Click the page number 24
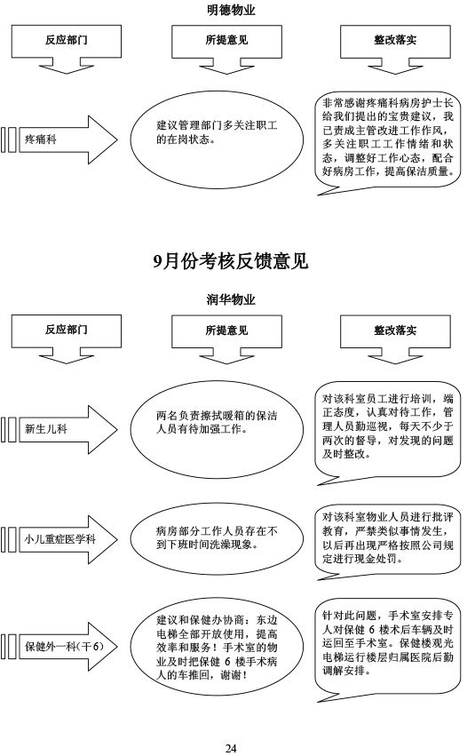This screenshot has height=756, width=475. pyautogui.click(x=231, y=748)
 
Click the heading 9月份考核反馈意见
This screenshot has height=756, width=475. pyautogui.click(x=231, y=261)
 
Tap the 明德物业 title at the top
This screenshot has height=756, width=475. pyautogui.click(x=231, y=10)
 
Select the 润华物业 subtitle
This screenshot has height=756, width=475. pyautogui.click(x=231, y=300)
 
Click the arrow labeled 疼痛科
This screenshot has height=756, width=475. pyautogui.click(x=59, y=139)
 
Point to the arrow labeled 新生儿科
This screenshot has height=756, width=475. pyautogui.click(x=59, y=429)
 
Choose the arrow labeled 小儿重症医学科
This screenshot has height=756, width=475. pyautogui.click(x=59, y=539)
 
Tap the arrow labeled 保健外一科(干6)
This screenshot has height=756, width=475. pyautogui.click(x=59, y=646)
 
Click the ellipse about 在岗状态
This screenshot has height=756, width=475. pyautogui.click(x=217, y=139)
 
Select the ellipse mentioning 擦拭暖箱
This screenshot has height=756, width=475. pyautogui.click(x=217, y=429)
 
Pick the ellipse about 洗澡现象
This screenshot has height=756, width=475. pyautogui.click(x=217, y=539)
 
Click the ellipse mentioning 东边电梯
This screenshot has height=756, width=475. pyautogui.click(x=217, y=647)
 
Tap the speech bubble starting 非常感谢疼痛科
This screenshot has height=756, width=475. pyautogui.click(x=387, y=144)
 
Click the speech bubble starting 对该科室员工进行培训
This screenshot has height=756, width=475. pyautogui.click(x=387, y=432)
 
